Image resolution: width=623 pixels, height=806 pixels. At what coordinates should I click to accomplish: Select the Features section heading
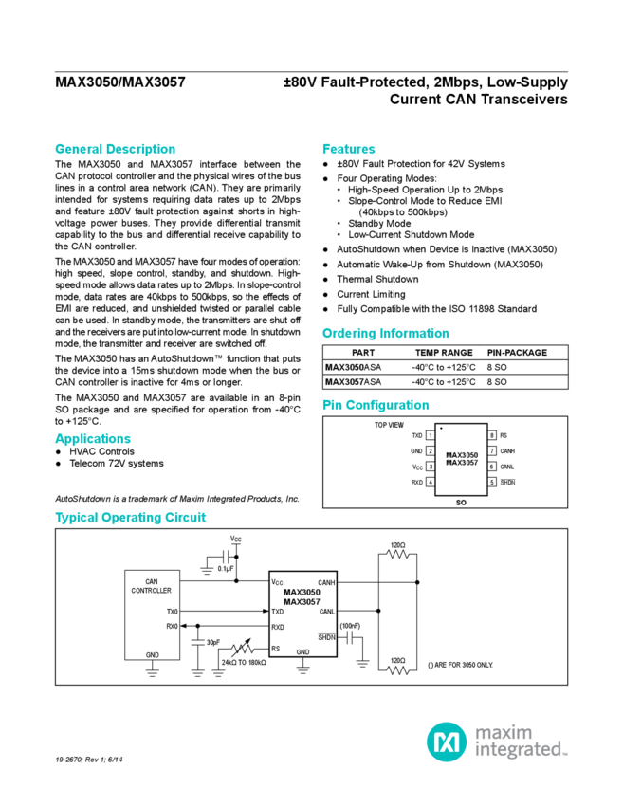click(x=348, y=149)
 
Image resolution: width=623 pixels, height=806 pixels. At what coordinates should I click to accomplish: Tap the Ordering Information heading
click(x=384, y=334)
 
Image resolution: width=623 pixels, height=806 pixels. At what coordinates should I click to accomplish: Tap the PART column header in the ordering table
click(x=363, y=353)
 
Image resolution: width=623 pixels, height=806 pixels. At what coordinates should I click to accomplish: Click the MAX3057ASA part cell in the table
click(x=356, y=382)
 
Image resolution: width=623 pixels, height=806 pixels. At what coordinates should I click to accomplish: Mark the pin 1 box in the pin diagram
click(x=431, y=435)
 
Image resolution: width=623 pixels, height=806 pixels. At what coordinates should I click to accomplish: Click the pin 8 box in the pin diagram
click(x=492, y=435)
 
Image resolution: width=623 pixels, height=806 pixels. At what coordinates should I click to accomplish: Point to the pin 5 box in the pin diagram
click(x=492, y=483)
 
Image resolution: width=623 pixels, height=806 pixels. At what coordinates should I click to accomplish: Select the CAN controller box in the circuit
click(x=152, y=614)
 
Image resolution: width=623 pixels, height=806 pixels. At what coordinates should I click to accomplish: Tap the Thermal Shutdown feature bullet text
click(x=368, y=280)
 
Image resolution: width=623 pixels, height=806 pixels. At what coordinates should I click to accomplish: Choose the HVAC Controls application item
click(x=100, y=452)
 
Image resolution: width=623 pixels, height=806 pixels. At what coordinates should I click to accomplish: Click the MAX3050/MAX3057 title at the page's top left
click(x=121, y=82)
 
